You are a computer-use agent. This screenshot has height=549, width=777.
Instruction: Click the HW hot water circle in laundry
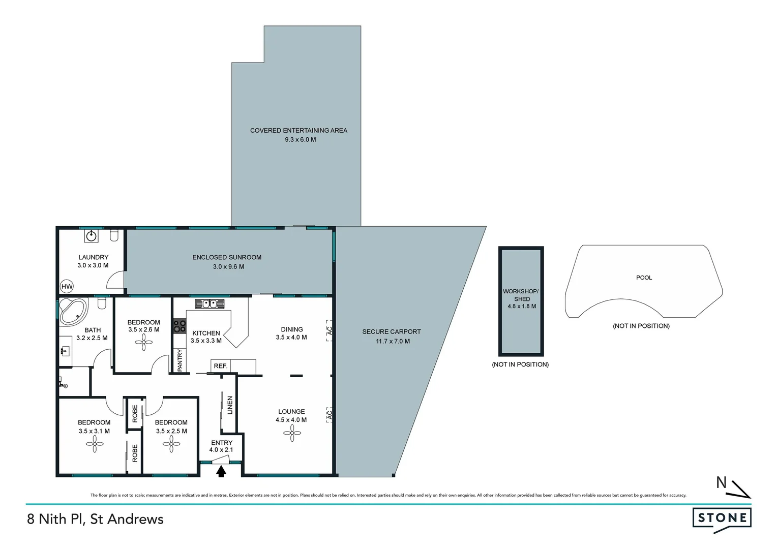click(x=67, y=287)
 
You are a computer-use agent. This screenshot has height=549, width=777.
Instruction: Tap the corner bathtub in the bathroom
click(x=73, y=311)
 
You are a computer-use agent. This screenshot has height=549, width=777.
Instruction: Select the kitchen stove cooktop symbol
click(x=180, y=326)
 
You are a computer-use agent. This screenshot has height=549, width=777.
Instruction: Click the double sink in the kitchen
click(x=210, y=303)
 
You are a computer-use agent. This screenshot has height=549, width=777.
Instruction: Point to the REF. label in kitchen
click(x=221, y=366)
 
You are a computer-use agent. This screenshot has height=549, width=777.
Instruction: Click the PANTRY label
click(x=180, y=360)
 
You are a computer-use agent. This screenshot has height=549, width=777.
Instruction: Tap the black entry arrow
click(x=221, y=472)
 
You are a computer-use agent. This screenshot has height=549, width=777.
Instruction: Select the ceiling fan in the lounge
click(x=292, y=433)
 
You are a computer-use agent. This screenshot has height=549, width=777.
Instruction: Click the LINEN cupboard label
click(x=230, y=405)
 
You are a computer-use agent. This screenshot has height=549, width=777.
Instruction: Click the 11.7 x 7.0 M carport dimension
click(x=393, y=341)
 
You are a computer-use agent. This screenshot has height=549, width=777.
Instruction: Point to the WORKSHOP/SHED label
click(x=521, y=295)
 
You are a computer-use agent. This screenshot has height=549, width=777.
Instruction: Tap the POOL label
click(x=644, y=278)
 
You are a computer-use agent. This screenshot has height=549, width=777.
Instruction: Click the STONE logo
click(x=722, y=518)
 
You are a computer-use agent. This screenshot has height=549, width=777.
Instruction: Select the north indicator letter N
click(x=721, y=482)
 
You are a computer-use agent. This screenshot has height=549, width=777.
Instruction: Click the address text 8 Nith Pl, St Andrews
click(x=96, y=519)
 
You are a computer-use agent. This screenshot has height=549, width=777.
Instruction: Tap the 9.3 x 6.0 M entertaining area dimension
click(x=300, y=139)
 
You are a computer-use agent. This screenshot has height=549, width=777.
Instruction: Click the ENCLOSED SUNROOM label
click(x=227, y=257)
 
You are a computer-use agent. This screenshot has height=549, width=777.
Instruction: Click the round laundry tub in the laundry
click(x=92, y=236)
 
